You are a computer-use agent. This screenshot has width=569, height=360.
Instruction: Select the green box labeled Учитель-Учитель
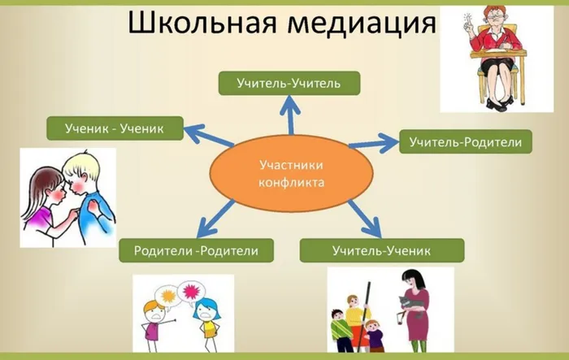pyautogui.click(x=289, y=82)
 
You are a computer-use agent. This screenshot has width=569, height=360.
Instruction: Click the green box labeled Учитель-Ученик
pyautogui.click(x=381, y=250)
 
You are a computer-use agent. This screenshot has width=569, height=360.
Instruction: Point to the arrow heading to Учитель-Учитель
pyautogui.click(x=289, y=115)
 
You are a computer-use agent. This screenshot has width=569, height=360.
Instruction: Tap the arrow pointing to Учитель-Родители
pyautogui.click(x=374, y=145)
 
